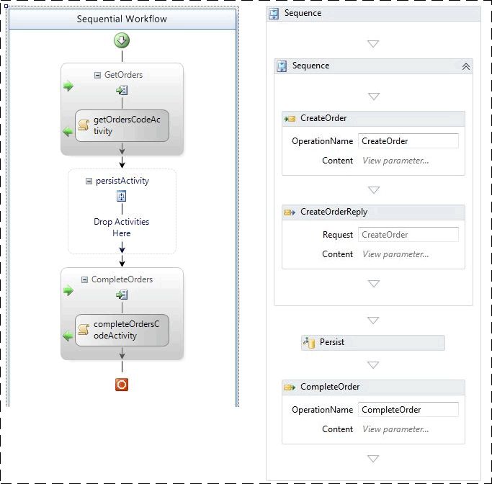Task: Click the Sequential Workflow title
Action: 122,19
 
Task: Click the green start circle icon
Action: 122,40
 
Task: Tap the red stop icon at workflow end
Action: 122,385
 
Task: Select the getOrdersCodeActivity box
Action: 122,125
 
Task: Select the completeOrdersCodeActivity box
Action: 122,330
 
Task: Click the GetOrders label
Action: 123,75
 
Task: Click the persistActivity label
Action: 122,181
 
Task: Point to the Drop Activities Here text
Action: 122,228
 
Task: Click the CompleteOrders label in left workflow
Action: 122,279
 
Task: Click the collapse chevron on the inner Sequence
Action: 465,66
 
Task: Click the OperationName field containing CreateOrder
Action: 408,141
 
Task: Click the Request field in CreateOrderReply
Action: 408,235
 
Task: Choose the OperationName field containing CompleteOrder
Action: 408,410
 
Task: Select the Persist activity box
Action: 373,343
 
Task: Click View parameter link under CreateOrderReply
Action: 395,254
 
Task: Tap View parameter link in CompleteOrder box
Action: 395,429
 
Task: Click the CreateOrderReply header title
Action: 334,212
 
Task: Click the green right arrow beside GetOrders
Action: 68,86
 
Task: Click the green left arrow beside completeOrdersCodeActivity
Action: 68,336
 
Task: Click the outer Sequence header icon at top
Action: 274,14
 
